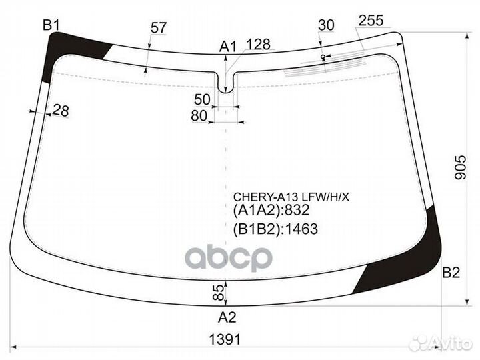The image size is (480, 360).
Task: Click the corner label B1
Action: [51, 25]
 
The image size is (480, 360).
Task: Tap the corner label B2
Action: [451, 273]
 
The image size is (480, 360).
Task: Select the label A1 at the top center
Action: [228, 47]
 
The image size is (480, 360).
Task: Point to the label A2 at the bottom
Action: [227, 317]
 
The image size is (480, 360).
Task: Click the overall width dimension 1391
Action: [225, 339]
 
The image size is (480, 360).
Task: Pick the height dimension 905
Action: [460, 167]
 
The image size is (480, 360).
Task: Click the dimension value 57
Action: [158, 28]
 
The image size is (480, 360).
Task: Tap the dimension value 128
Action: [259, 45]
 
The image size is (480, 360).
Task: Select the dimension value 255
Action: [371, 21]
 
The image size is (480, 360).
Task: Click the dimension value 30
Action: [326, 25]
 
